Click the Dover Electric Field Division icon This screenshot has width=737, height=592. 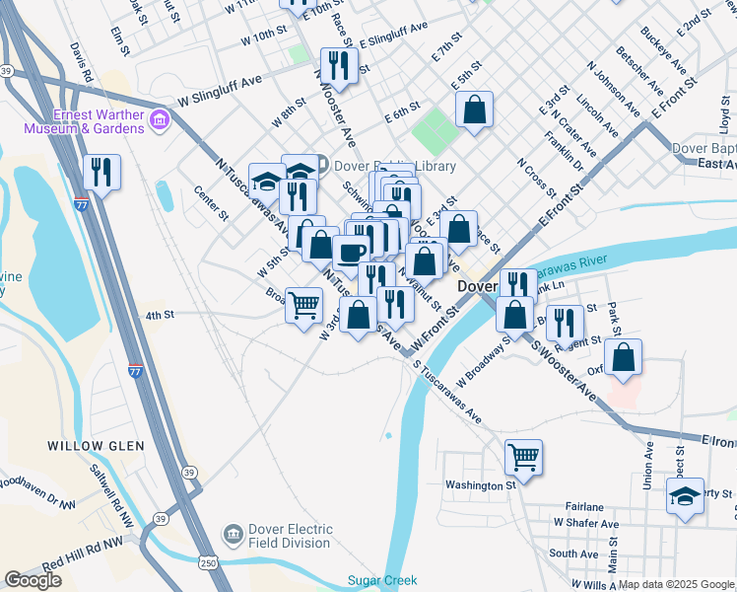234,534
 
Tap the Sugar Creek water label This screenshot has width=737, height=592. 382,581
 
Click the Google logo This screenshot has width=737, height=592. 33,580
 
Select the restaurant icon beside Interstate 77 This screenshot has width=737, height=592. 101,172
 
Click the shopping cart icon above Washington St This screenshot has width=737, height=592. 523,456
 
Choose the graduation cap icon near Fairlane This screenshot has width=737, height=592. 685,495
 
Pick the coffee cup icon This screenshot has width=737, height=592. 351,252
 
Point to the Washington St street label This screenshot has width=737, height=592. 480,484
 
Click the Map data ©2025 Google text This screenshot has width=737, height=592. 677,584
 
